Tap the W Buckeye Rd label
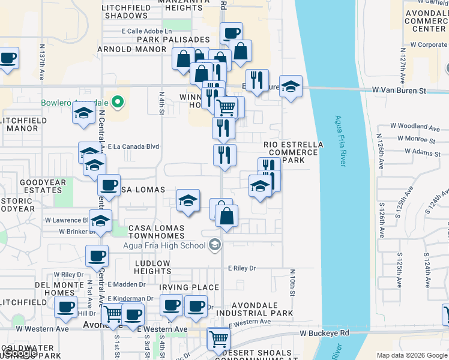pyautogui.click(x=325, y=333)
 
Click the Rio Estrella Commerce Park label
pyautogui.click(x=294, y=152)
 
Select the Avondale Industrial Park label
pyautogui.click(x=254, y=308)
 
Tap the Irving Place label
pyautogui.click(x=183, y=287)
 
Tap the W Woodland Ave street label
pyautogui.click(x=415, y=126)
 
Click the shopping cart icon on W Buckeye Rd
pyautogui.click(x=218, y=338)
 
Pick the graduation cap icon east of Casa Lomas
pyautogui.click(x=188, y=201)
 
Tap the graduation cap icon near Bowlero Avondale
pyautogui.click(x=83, y=113)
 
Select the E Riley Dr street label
pyautogui.click(x=242, y=268)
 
